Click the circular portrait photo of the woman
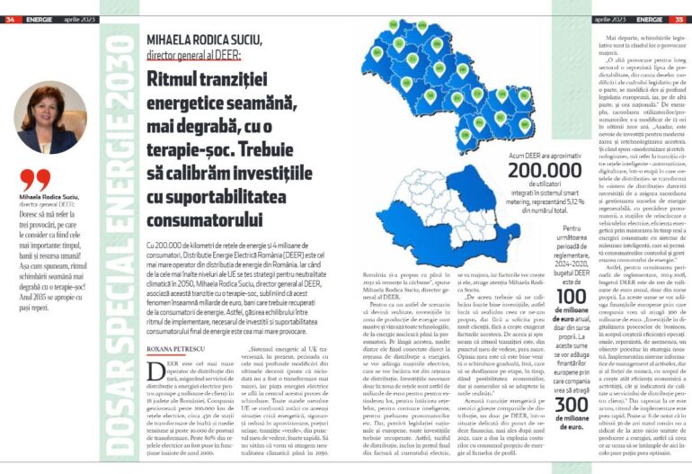51,117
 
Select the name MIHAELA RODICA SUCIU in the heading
204,40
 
